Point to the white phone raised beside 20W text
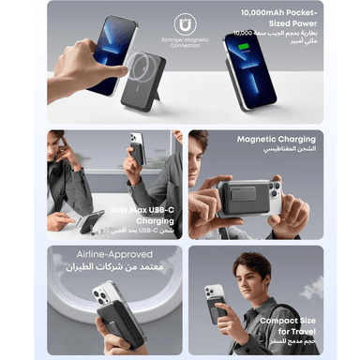tap(137, 154)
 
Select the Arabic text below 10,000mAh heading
tap(280, 37)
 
